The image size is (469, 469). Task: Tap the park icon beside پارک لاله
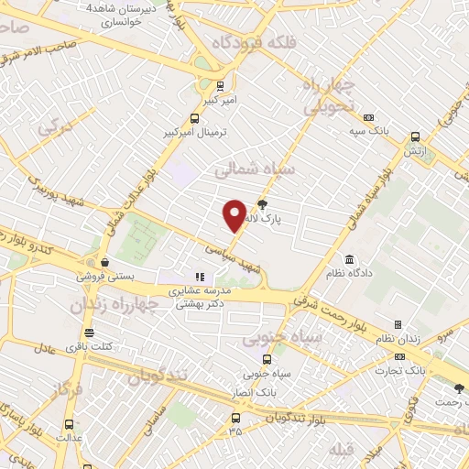pos(263,205)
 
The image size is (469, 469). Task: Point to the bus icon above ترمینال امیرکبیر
pos(193,118)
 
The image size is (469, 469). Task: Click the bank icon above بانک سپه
pos(369,117)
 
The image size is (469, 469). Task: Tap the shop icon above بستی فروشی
pos(104,261)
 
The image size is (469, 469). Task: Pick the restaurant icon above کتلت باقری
pos(89,333)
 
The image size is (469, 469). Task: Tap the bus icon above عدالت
pos(70,423)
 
